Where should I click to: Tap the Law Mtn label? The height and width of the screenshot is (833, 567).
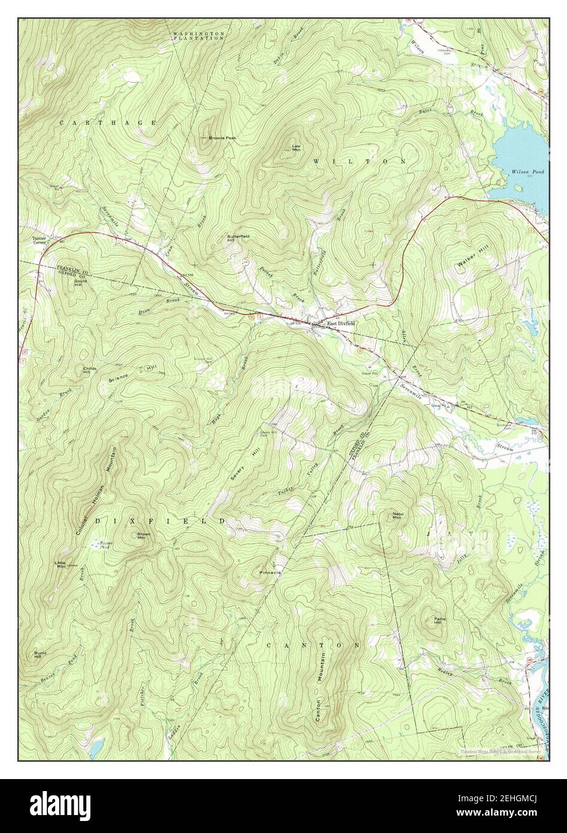[296, 147]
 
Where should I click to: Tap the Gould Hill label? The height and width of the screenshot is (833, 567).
[81, 283]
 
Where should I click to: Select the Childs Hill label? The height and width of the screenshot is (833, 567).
[90, 370]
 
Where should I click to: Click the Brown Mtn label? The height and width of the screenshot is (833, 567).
[144, 536]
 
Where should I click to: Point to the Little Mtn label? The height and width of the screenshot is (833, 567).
[60, 564]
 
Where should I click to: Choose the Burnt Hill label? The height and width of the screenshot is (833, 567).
[41, 654]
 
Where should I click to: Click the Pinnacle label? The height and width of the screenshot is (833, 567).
[270, 573]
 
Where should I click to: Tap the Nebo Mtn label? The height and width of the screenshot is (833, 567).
[396, 515]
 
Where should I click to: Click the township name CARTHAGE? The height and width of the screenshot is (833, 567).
[108, 123]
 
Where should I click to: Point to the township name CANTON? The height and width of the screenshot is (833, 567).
[313, 645]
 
